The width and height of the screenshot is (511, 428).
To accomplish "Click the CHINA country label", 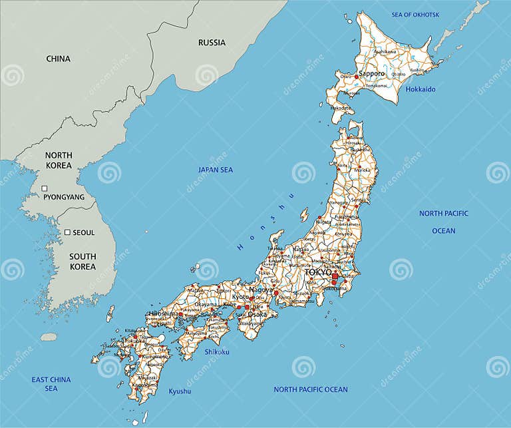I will click(58, 59).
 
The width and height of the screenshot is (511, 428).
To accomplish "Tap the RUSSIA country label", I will click(212, 43).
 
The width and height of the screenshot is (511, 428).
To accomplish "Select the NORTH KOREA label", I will click(59, 160).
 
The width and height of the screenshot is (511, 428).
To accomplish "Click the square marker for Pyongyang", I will click(45, 188).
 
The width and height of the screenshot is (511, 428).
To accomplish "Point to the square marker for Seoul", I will click(67, 232).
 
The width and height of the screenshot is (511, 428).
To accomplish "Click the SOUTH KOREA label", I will click(83, 262).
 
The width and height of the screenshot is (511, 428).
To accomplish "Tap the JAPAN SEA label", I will click(216, 170).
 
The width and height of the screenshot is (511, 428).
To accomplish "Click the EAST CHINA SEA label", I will click(51, 384).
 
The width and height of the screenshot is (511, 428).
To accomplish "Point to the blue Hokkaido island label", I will click(421, 89).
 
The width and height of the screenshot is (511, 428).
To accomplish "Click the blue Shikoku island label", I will click(216, 351).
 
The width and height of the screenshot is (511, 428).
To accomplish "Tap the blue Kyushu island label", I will click(180, 391).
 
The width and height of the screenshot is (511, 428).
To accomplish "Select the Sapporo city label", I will click(372, 74).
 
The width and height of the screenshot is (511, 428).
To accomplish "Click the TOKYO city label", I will click(318, 272).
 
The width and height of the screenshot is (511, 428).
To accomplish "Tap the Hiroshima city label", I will click(163, 314).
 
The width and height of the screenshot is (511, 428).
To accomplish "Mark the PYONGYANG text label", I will click(64, 197).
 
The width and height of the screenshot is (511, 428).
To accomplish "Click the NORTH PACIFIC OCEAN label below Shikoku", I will click(310, 389).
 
